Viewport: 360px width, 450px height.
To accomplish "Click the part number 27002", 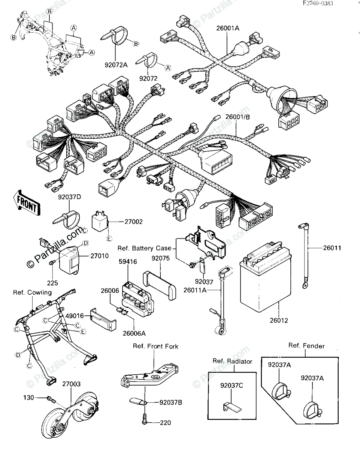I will click(133, 222).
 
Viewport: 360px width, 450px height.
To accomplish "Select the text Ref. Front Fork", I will click(155, 346).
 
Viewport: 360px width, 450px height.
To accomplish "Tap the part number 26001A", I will click(227, 27).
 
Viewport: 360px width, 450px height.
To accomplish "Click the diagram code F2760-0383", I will click(318, 4).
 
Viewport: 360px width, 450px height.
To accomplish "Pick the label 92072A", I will click(116, 64).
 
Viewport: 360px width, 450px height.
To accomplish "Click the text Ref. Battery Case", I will click(145, 248).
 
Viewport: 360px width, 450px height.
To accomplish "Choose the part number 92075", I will click(160, 258).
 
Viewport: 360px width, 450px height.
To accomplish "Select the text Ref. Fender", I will click(306, 346).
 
